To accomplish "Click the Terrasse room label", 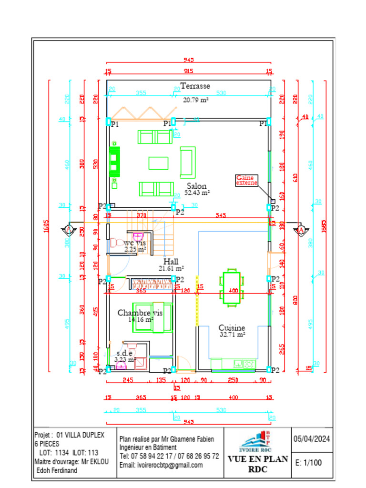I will point(195,86).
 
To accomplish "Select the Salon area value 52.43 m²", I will point(197,193).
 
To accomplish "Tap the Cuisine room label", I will point(232,328).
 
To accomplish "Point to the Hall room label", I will point(171,262).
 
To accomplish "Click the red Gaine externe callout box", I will point(246,180).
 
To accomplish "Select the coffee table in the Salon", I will point(158,163).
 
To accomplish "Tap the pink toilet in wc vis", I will point(138,237).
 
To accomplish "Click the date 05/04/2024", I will point(312,439).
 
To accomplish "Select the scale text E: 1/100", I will point(308,462).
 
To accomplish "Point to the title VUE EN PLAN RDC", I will point(257,464).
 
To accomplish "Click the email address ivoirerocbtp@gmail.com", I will point(161,465).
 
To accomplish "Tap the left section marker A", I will point(68,230).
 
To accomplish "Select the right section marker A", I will point(301,230).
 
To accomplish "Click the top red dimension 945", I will point(189,60).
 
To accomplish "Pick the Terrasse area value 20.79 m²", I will point(196,100).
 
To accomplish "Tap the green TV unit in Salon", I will point(114,162).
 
